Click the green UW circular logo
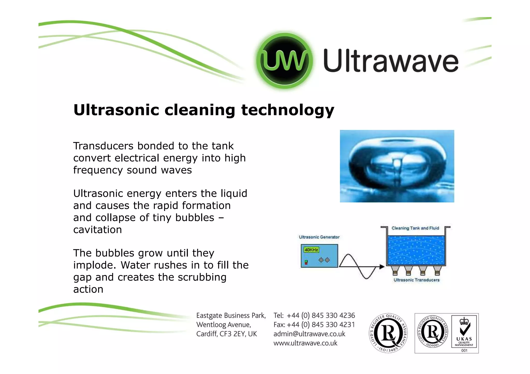pos(284,61)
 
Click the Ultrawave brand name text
pos(391,61)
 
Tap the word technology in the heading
pos(288,110)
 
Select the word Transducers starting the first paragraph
pos(103,146)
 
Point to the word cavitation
pos(98,230)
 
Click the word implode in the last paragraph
pos(94,265)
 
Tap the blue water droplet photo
pos(397,166)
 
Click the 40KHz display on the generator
pos(311,250)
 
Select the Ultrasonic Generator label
pos(319,237)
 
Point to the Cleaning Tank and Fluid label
pos(415,228)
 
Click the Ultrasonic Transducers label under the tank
pos(416,280)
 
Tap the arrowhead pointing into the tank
pos(382,266)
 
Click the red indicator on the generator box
pos(306,263)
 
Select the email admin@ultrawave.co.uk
pos(309,334)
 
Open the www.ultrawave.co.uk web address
pos(305,343)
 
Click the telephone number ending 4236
pos(321,316)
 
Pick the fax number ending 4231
pos(321,325)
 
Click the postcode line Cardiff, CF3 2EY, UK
pos(226,334)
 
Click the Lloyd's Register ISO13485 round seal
pos(388,333)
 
